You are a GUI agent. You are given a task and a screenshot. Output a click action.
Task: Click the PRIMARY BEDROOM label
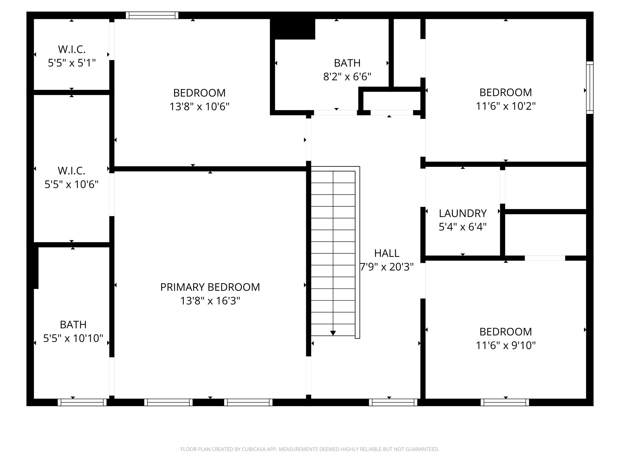pos(210,287)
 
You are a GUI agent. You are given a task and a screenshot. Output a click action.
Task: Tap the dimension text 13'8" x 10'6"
pos(199,106)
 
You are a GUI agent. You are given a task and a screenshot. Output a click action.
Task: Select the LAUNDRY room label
pos(463,213)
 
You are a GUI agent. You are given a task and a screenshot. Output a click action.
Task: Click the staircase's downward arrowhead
pos(333,333)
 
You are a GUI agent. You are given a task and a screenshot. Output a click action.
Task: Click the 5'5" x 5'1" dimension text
pos(72,63)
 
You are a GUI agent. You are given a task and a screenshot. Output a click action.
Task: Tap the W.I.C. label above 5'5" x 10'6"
pos(72,170)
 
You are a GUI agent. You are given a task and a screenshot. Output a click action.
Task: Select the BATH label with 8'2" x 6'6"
pos(347,63)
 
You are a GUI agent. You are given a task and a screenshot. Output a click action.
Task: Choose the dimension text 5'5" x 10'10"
pos(73,338)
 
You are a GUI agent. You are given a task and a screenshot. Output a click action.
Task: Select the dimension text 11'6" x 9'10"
pos(506,345)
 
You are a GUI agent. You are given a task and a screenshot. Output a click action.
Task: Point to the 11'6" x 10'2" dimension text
pos(506,106)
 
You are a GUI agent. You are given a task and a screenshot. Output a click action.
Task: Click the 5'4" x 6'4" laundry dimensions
pos(463,227)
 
